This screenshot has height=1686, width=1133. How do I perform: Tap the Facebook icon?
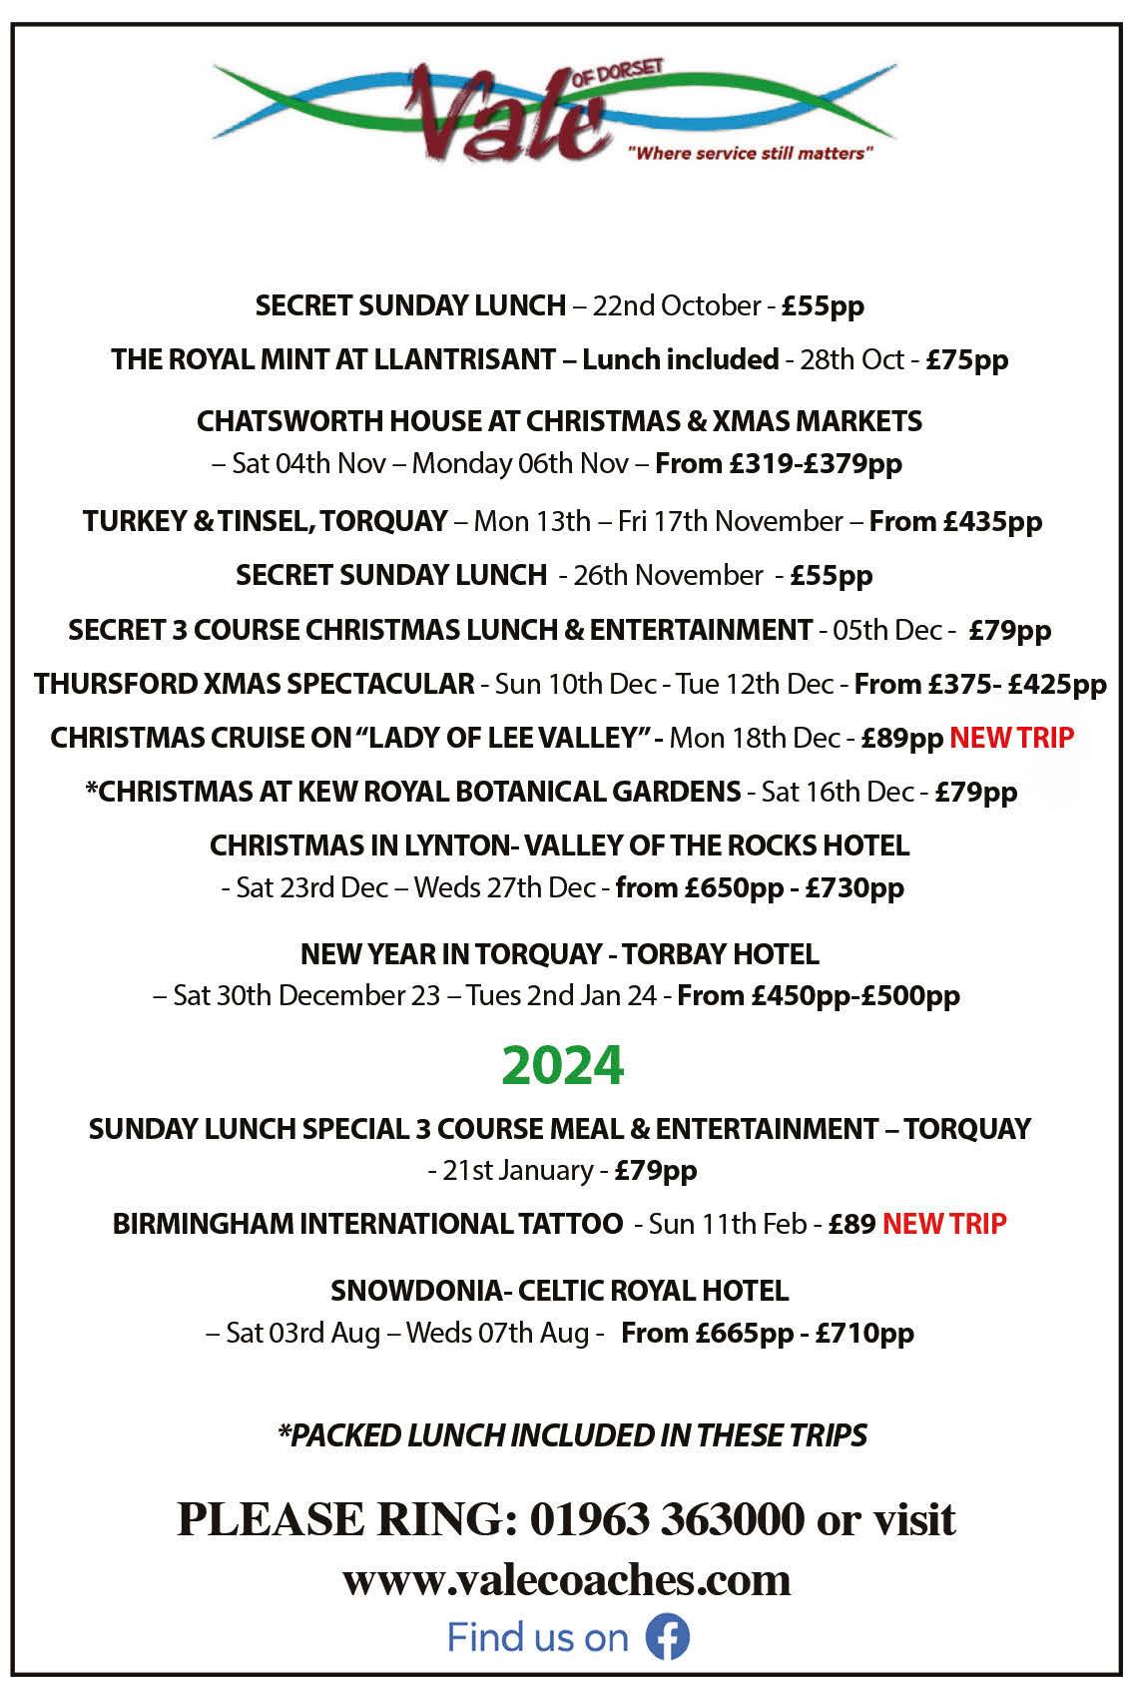667,1637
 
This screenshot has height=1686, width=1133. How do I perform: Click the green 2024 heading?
563,1065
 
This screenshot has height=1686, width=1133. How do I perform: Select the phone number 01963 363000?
666,1519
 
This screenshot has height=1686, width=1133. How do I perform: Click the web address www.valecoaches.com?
566,1579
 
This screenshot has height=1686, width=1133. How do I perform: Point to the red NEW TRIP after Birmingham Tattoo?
944,1223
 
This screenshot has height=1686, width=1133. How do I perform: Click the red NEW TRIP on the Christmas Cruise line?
1011,738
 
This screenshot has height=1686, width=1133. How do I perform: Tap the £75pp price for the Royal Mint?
966,359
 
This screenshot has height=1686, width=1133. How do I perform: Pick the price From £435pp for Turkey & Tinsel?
955,521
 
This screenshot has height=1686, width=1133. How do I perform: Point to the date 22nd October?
676,305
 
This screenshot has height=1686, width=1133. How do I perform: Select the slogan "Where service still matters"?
750,154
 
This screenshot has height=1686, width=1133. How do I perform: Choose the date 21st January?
517,1170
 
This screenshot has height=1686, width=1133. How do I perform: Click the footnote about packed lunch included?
571,1435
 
